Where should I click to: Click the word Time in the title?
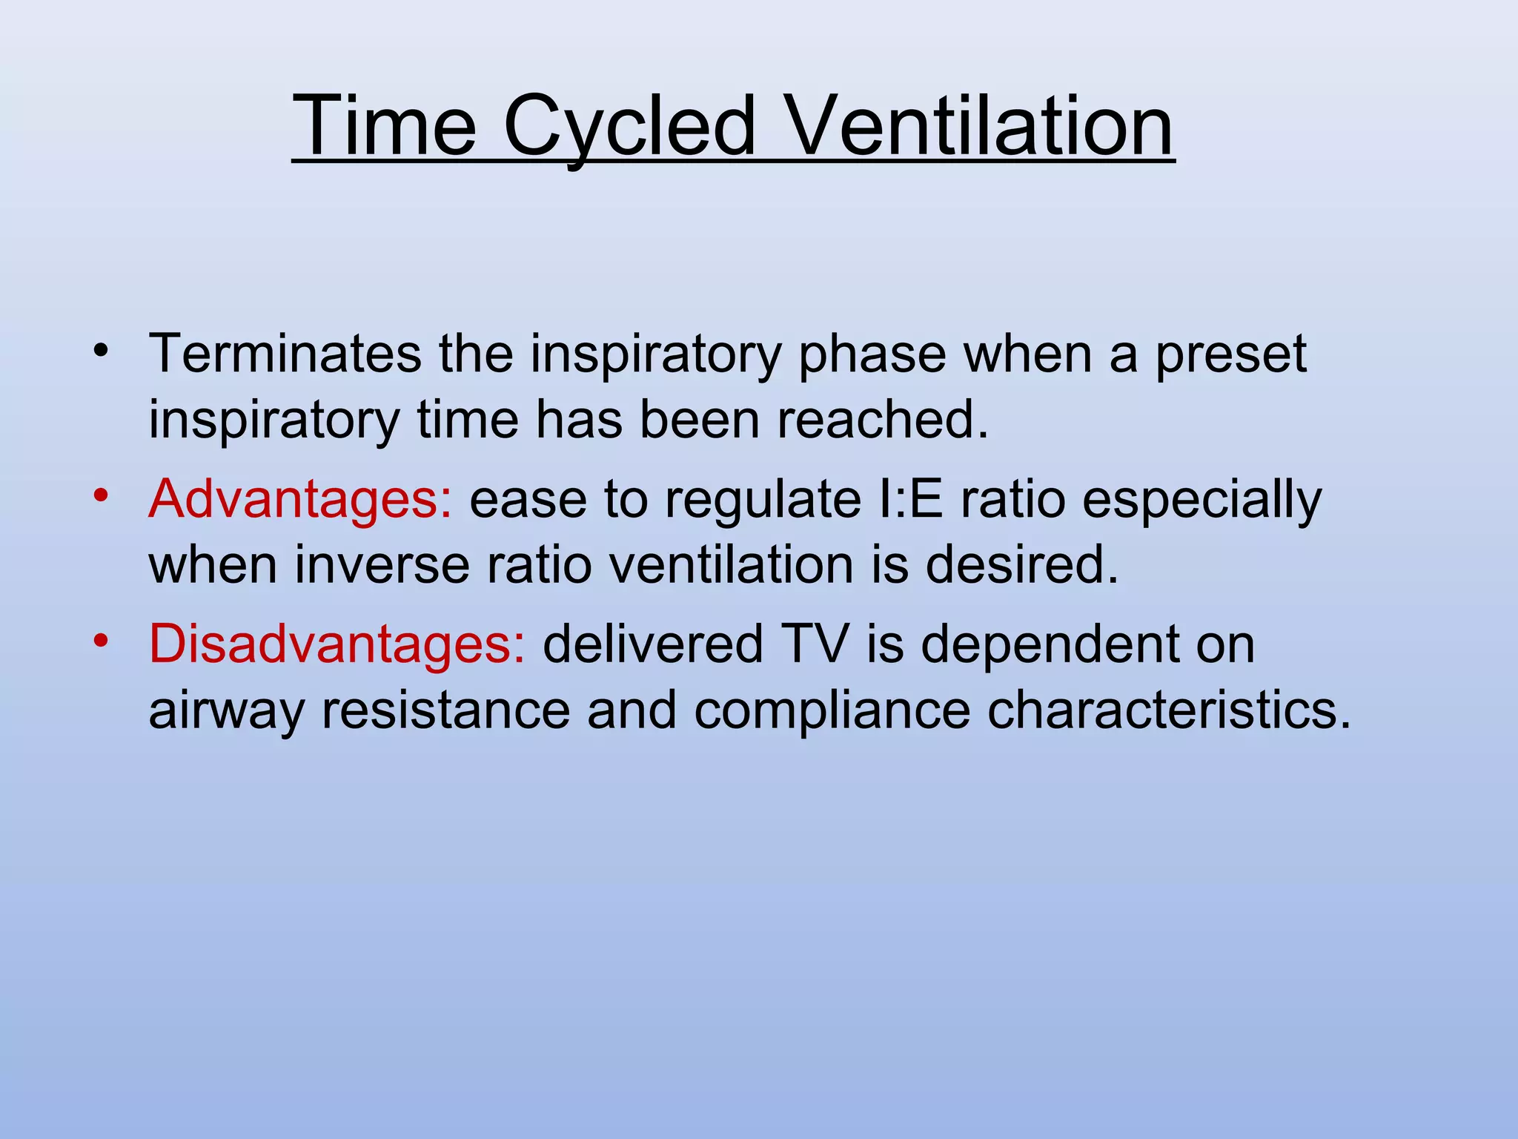point(384,126)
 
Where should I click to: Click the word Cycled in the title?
point(629,126)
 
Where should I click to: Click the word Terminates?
point(285,354)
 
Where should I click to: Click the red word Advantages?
point(299,500)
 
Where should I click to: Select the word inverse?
point(382,565)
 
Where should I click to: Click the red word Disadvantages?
point(337,644)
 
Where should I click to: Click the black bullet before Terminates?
point(102,349)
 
